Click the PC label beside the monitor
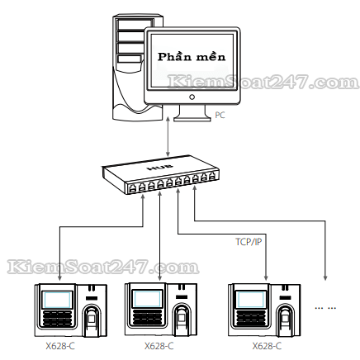[220, 115]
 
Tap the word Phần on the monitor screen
[174, 56]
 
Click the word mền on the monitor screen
[211, 56]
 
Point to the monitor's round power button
[192, 97]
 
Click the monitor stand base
[192, 118]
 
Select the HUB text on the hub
[160, 167]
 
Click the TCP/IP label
[249, 242]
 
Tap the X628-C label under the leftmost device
[60, 346]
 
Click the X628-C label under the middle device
[159, 346]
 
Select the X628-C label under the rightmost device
[267, 346]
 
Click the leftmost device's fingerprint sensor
[92, 319]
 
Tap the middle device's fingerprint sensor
[182, 319]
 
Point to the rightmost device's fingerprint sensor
[286, 319]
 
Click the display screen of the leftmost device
[57, 300]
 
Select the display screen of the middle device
[147, 299]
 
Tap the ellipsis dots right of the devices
[325, 308]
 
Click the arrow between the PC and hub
[168, 137]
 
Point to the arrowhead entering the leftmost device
[59, 278]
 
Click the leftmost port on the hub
[132, 188]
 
